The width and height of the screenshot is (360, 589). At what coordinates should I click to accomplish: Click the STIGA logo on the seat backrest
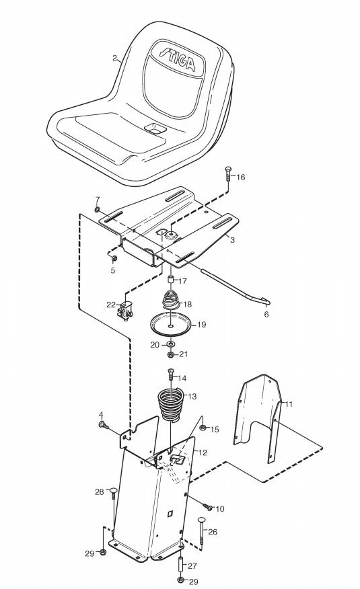[178, 58]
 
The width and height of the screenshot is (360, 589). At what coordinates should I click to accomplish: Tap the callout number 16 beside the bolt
[240, 178]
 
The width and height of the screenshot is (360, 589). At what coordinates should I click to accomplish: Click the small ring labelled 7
[97, 209]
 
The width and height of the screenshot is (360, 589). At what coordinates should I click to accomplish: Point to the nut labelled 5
[114, 258]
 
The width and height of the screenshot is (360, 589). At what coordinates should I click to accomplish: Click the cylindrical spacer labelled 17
[171, 280]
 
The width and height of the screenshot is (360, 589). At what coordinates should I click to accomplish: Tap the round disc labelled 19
[171, 324]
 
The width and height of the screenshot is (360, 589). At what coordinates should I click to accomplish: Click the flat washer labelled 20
[171, 344]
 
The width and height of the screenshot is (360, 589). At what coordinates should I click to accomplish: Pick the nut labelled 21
[170, 354]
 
